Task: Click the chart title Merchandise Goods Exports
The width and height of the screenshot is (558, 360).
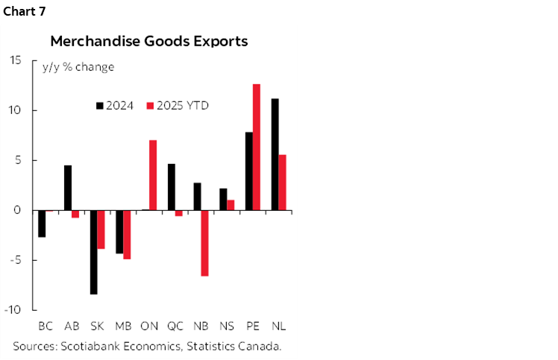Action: coord(148,41)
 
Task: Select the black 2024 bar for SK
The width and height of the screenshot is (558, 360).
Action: coord(93,252)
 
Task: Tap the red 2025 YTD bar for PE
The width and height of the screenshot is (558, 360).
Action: coord(256,147)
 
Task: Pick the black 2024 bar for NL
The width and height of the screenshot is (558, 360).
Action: coord(275,154)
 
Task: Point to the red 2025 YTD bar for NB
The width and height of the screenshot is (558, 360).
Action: coord(204,243)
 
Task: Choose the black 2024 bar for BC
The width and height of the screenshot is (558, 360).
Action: coord(42,224)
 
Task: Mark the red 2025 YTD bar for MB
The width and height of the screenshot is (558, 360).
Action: coord(127,235)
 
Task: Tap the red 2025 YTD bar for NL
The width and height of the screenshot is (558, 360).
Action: coord(282,183)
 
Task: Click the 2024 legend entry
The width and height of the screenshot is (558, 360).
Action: coord(115,105)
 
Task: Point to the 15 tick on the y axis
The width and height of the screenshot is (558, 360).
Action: coord(16,60)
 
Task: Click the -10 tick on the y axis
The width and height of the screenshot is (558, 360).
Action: coord(14,310)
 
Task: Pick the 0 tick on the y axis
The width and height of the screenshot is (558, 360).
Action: coord(18,210)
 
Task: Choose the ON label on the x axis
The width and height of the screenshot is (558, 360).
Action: coord(149,326)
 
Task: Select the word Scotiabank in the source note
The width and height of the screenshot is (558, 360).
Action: coord(88,346)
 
